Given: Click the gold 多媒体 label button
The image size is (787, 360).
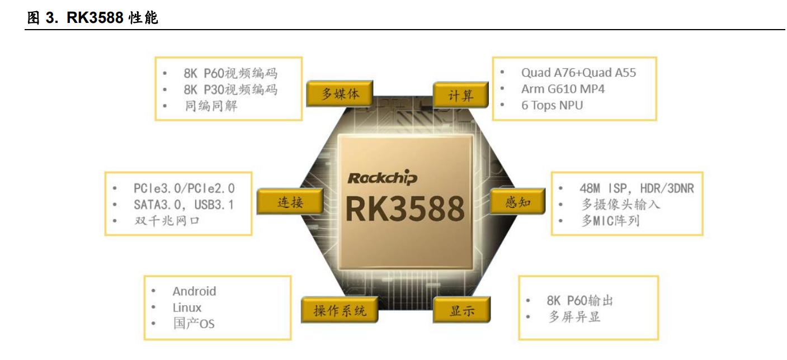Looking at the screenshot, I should pyautogui.click(x=340, y=94).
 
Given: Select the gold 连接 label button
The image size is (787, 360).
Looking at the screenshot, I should pyautogui.click(x=290, y=202).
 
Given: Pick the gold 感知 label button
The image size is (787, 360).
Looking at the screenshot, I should pyautogui.click(x=517, y=202).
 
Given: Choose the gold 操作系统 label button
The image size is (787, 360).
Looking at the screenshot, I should pyautogui.click(x=340, y=311).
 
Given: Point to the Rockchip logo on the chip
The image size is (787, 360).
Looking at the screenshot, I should pyautogui.click(x=382, y=178).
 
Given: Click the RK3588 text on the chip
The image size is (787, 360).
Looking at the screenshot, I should pyautogui.click(x=404, y=209).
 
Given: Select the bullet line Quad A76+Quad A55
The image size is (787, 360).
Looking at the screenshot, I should pyautogui.click(x=578, y=73).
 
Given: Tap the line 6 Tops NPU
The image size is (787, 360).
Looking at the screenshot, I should pyautogui.click(x=552, y=105).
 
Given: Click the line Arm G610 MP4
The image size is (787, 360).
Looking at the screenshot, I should pyautogui.click(x=563, y=89).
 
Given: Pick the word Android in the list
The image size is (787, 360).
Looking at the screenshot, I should pyautogui.click(x=194, y=291).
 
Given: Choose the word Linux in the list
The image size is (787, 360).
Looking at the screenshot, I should pyautogui.click(x=187, y=307).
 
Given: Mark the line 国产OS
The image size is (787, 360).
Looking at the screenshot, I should pyautogui.click(x=193, y=324).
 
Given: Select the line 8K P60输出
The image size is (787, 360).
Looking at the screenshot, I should pyautogui.click(x=579, y=301).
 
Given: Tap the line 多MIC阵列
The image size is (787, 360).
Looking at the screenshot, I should pyautogui.click(x=610, y=221).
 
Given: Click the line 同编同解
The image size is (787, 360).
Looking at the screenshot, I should pyautogui.click(x=211, y=105).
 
